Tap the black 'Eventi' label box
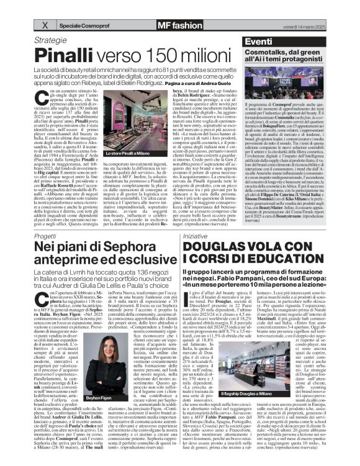tap(256, 40)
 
